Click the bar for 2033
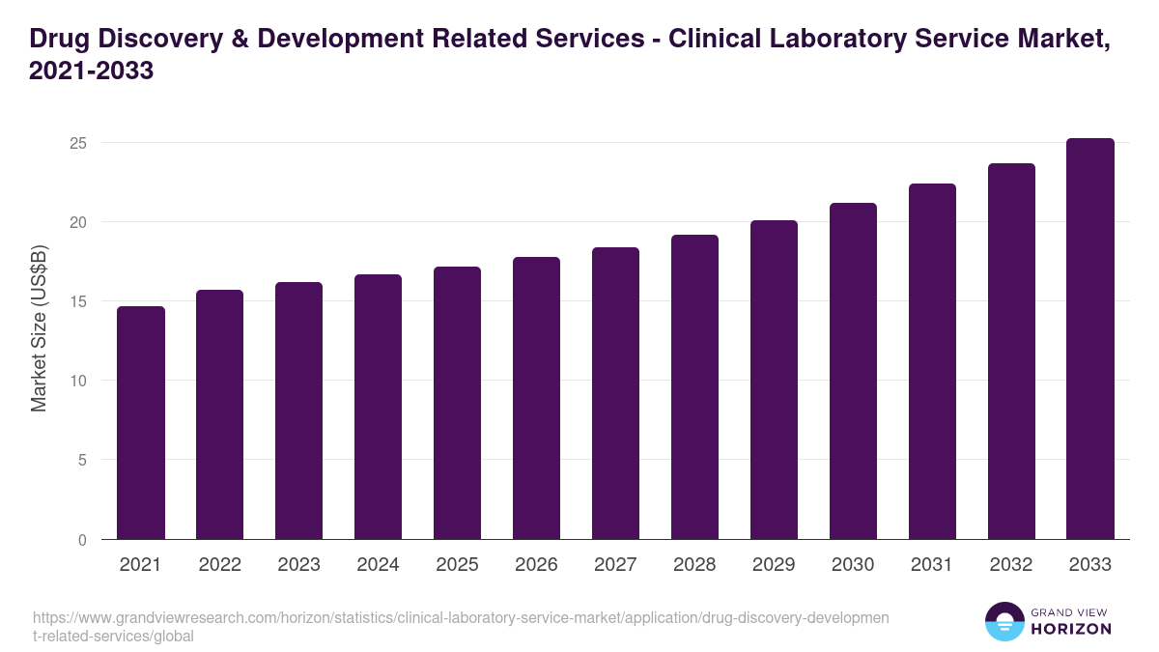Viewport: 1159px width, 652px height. (1090, 339)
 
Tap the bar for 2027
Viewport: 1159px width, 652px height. (615, 393)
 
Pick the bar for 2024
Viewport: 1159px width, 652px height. (378, 407)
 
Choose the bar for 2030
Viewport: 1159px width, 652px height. (853, 371)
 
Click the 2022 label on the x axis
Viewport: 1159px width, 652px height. (220, 565)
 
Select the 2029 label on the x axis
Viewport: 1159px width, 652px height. (774, 565)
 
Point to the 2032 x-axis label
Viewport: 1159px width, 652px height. (1011, 565)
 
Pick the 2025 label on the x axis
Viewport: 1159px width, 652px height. (457, 565)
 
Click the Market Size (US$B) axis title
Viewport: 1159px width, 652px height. (39, 329)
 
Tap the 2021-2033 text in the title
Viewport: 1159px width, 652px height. (92, 71)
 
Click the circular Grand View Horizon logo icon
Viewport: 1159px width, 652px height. (1004, 622)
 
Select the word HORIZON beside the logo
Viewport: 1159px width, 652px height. (1071, 629)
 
